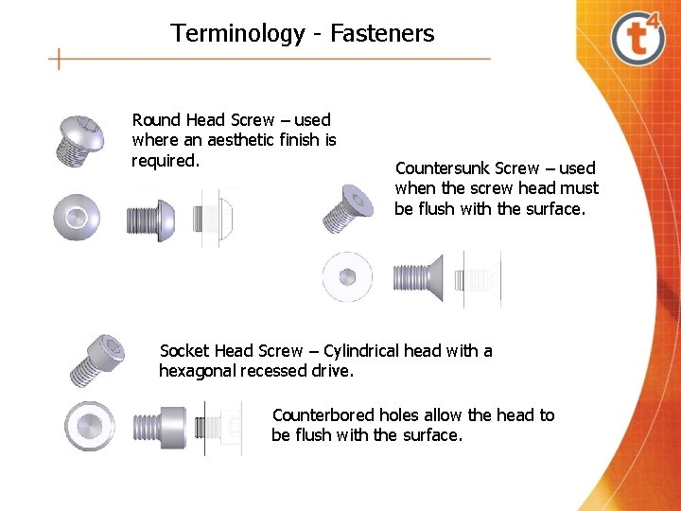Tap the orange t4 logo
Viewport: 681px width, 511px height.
pos(638,38)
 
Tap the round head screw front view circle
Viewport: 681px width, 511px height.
pos(77,217)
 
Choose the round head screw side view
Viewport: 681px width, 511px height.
pos(149,220)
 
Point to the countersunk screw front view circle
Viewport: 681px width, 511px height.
pos(347,277)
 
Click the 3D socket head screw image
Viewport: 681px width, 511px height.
pos(98,358)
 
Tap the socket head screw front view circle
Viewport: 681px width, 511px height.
pos(90,425)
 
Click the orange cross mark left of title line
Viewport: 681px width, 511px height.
pos(60,60)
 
